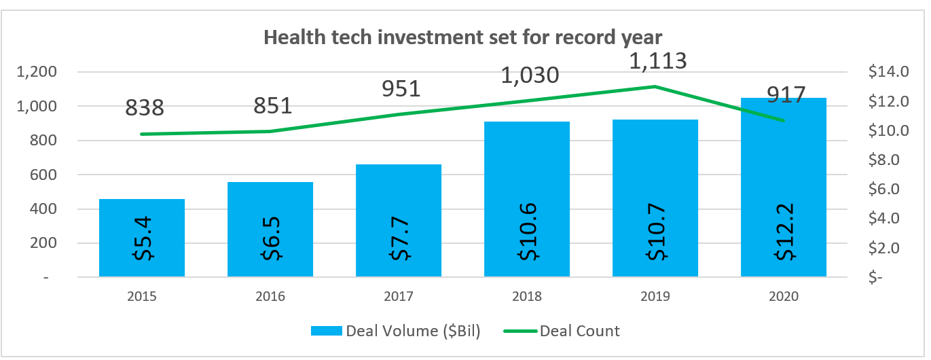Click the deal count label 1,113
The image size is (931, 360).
[658, 61]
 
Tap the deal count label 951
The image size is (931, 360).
[401, 89]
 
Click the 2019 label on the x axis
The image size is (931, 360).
[655, 297]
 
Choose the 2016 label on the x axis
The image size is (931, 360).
[270, 297]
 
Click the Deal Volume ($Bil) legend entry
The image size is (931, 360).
[396, 331]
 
